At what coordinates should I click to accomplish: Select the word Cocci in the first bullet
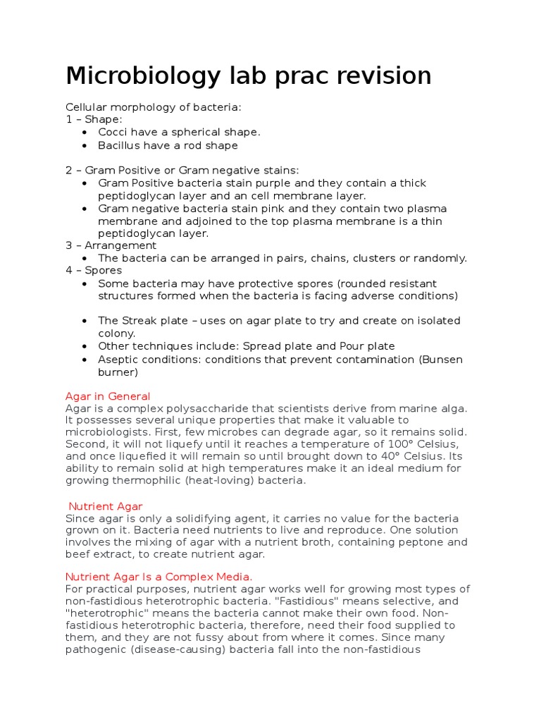coord(113,132)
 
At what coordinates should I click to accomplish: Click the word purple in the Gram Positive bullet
coord(292,183)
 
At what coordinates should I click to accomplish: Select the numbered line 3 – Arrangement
coord(111,245)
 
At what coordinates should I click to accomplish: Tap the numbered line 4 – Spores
coord(94,270)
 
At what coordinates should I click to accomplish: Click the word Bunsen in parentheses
coord(442,360)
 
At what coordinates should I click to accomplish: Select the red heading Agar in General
coord(108,396)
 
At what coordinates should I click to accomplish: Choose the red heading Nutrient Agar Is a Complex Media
coord(158,577)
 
